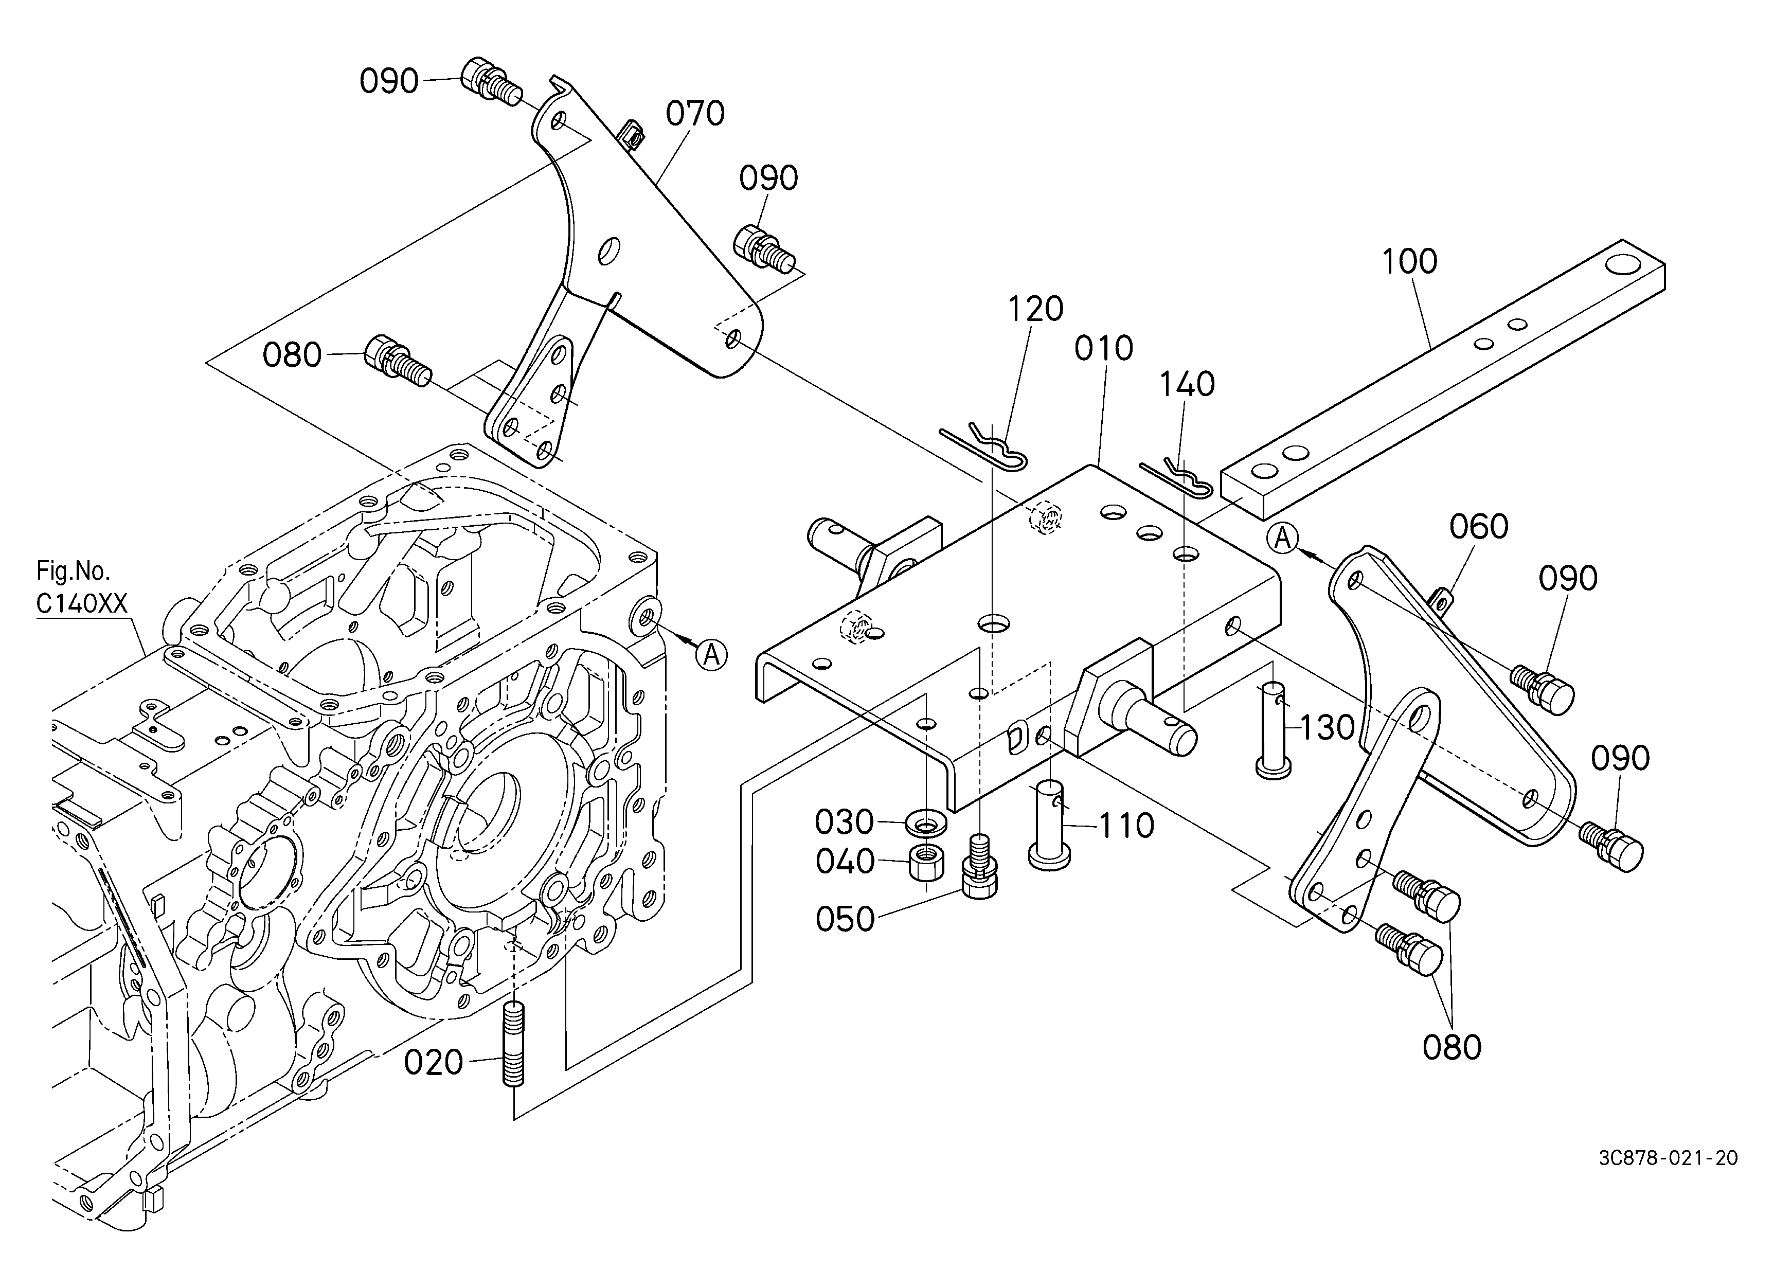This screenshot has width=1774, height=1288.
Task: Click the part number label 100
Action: tap(1409, 262)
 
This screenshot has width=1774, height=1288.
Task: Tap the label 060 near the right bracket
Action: tap(1478, 527)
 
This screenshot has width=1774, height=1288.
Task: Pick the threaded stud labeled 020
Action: tap(513, 1045)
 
